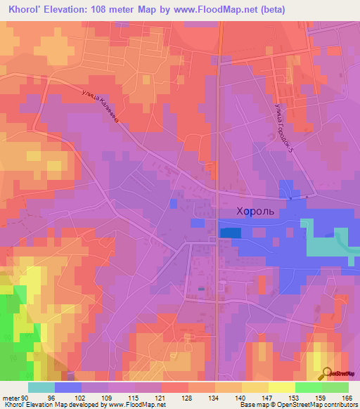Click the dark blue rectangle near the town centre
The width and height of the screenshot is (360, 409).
click(229, 232)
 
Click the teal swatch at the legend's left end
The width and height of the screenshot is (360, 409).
click(41, 387)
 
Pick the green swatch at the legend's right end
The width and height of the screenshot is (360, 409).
click(335, 387)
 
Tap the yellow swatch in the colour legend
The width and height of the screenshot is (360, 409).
click(281, 387)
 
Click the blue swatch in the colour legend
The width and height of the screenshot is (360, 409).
click(68, 387)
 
